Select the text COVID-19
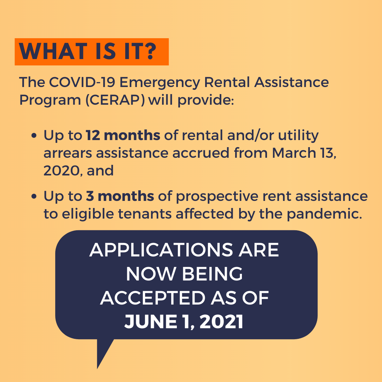82,82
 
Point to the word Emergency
160,83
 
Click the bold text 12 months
123,135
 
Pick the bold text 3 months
120,196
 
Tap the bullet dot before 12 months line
34,136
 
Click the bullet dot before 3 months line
34,196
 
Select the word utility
298,136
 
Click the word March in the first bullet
294,153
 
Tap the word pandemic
324,214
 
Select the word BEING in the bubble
212,274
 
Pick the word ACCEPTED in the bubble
153,298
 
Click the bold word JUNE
151,322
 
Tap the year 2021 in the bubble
221,322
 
